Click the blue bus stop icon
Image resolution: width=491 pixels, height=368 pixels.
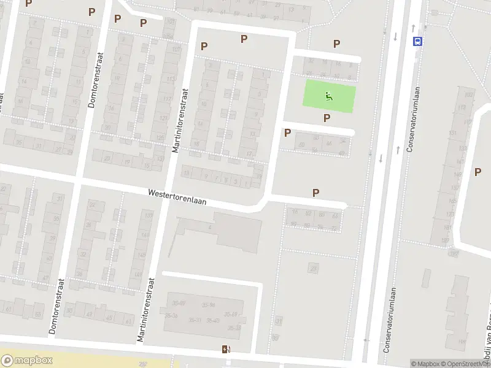[x=418, y=41]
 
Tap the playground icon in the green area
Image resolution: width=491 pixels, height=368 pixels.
[x=330, y=96]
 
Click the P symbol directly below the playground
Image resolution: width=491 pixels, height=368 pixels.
[x=327, y=118]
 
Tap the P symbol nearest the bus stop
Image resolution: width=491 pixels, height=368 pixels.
[x=336, y=44]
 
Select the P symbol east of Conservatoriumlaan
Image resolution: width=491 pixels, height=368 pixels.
[x=477, y=172]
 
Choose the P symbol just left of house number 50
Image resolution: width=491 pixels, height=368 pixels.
[x=287, y=132]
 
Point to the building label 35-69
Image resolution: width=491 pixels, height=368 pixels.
[x=231, y=315]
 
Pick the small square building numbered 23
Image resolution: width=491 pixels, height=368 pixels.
[x=314, y=267]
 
